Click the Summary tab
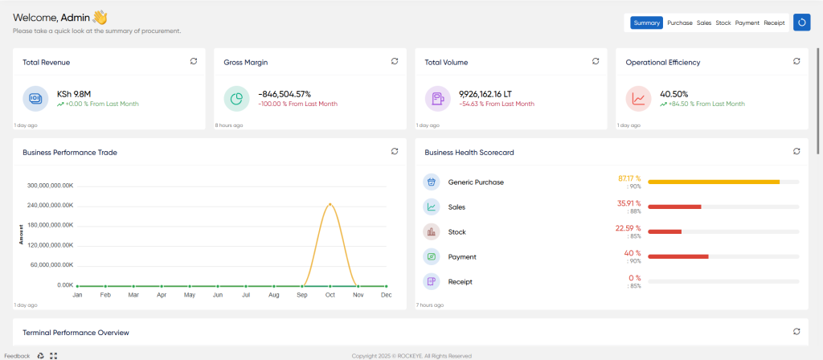[x=647, y=23]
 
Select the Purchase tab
[x=680, y=23]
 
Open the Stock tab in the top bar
[x=723, y=23]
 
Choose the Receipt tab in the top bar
[x=774, y=23]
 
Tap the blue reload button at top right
[x=801, y=22]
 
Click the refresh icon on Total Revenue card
[x=194, y=61]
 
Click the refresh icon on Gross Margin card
[x=395, y=61]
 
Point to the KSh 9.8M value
[x=74, y=95]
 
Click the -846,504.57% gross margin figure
[x=285, y=95]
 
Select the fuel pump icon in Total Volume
[x=438, y=99]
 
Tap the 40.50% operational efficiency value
[x=674, y=95]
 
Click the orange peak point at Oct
[x=330, y=204]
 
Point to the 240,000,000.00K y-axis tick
[x=50, y=206]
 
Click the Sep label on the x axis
[x=302, y=295]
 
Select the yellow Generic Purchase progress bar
[x=714, y=182]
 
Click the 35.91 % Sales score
[x=629, y=203]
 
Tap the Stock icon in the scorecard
[x=432, y=231]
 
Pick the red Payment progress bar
[x=678, y=256]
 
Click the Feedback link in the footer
[x=18, y=356]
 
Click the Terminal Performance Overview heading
[x=76, y=333]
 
